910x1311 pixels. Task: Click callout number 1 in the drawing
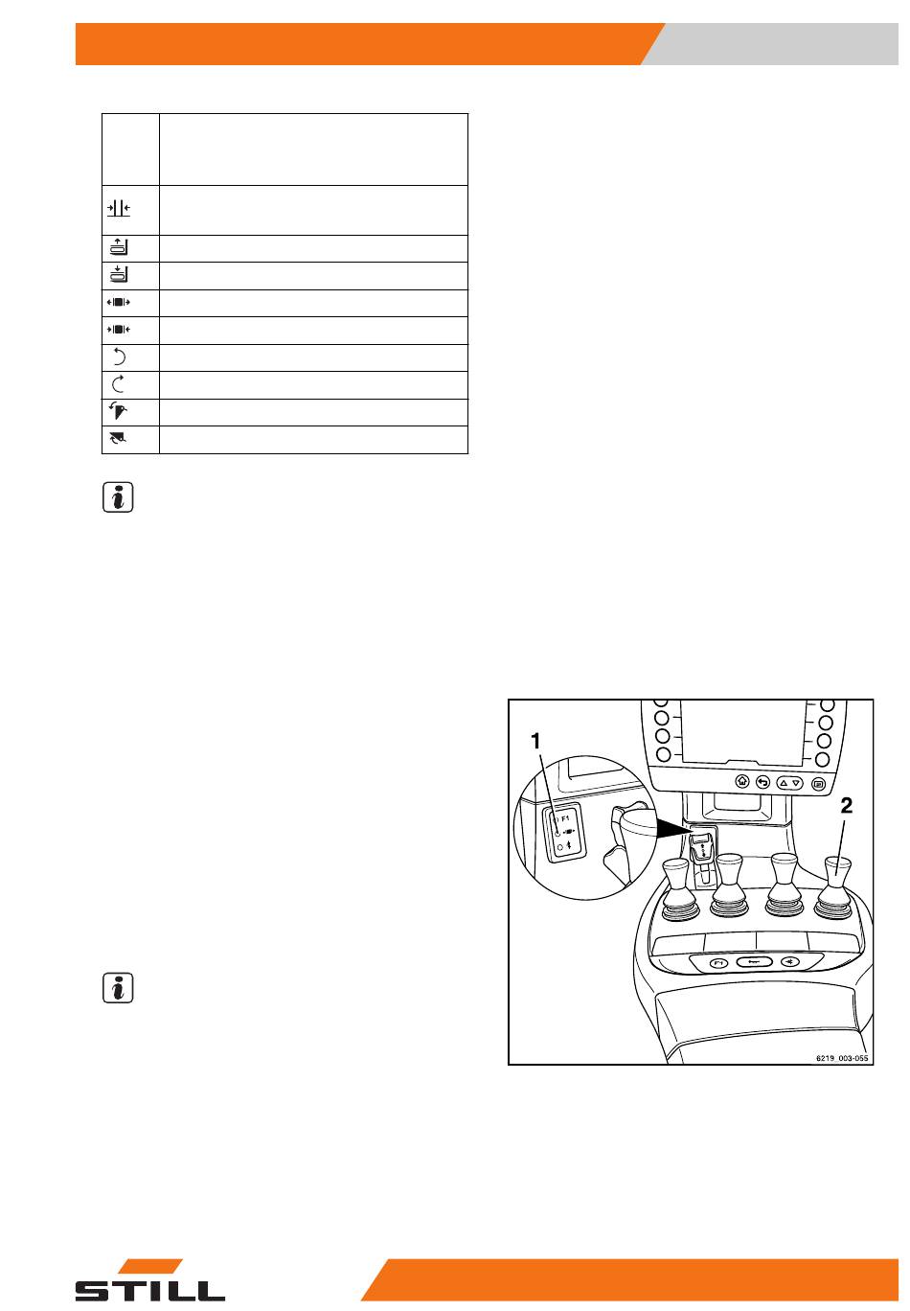pyautogui.click(x=535, y=741)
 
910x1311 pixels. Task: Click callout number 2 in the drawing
pyautogui.click(x=846, y=806)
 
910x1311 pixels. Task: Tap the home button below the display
pyautogui.click(x=742, y=781)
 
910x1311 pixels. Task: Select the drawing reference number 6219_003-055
pyautogui.click(x=842, y=1058)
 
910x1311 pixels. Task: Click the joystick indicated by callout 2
pyautogui.click(x=836, y=888)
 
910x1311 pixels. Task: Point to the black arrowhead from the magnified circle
pyautogui.click(x=672, y=827)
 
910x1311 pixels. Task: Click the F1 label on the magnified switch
pyautogui.click(x=565, y=818)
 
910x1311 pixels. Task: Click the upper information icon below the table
pyautogui.click(x=118, y=497)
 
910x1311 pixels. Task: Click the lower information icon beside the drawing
pyautogui.click(x=118, y=988)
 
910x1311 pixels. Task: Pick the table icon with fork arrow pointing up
pyautogui.click(x=119, y=247)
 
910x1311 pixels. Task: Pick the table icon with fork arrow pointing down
pyautogui.click(x=119, y=274)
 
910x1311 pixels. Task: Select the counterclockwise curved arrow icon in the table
pyautogui.click(x=119, y=356)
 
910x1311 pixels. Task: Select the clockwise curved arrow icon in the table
pyautogui.click(x=118, y=384)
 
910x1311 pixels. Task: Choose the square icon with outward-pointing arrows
pyautogui.click(x=118, y=302)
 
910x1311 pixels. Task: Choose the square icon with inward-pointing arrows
pyautogui.click(x=118, y=329)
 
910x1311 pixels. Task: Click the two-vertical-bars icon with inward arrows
pyautogui.click(x=119, y=208)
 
